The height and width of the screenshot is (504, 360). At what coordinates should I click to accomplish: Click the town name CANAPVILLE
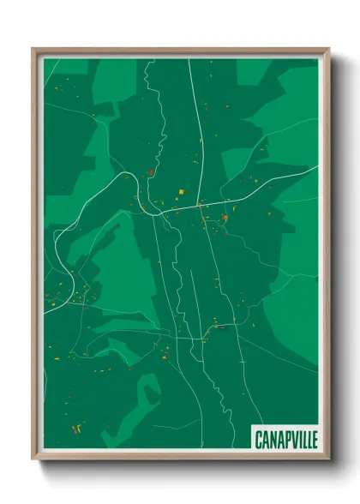[285, 440]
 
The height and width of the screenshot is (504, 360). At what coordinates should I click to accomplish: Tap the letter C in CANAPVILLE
[259, 440]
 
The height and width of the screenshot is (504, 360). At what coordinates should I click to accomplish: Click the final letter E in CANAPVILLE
[314, 440]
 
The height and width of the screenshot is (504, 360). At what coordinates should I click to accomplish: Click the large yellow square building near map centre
[181, 191]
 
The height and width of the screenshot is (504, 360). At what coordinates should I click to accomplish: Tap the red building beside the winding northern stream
[149, 172]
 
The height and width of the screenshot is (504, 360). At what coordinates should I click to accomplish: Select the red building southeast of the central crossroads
[225, 218]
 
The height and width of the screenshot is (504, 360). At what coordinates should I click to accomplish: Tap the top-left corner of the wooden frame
[33, 49]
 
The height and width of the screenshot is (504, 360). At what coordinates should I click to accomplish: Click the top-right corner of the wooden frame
[328, 49]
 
